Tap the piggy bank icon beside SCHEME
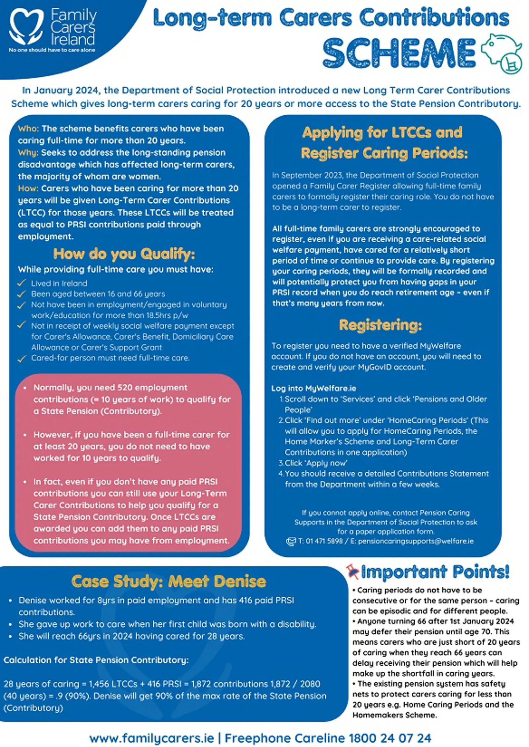(501, 53)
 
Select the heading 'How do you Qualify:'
(124, 254)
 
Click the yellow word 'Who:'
(28, 129)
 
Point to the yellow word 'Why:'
(28, 153)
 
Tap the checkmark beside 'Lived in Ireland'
(22, 283)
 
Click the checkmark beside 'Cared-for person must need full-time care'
(22, 358)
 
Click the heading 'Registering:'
(381, 325)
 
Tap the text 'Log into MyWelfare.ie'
(313, 388)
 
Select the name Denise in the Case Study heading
(241, 581)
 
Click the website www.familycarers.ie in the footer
(152, 738)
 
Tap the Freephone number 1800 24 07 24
(390, 738)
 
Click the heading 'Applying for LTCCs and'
(382, 133)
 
